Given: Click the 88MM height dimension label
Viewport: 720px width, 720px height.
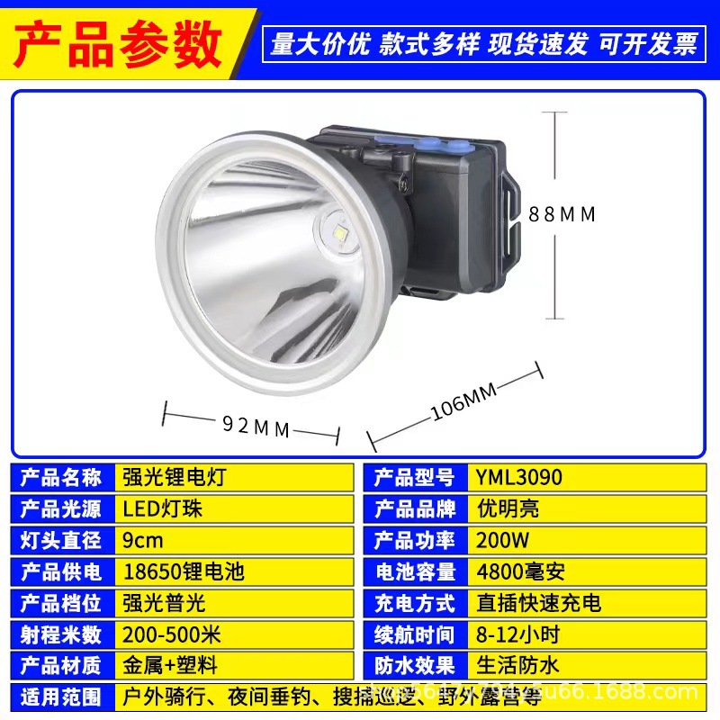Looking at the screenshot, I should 562,214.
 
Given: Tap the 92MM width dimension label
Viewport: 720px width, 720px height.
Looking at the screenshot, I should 256,427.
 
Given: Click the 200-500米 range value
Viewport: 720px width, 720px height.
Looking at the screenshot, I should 171,634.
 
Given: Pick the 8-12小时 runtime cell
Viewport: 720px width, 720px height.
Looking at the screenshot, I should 518,634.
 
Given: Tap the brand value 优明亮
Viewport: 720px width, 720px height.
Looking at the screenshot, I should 508,508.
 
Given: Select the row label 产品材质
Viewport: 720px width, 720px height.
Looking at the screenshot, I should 60,666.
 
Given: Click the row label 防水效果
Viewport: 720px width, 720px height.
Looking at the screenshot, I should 414,666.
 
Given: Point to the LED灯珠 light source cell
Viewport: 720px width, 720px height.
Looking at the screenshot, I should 163,508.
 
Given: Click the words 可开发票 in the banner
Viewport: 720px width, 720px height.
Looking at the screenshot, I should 649,44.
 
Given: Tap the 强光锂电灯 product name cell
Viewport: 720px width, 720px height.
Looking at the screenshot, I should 174,477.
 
